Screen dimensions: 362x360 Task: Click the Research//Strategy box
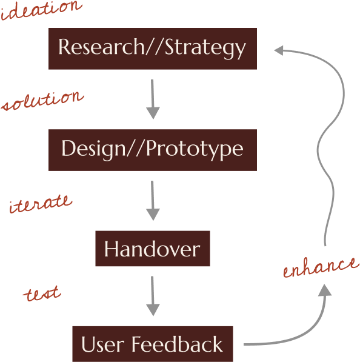tap(152, 49)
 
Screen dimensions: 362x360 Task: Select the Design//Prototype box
tap(152, 149)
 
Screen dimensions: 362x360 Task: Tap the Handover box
tap(152, 249)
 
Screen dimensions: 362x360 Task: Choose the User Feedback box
tap(152, 344)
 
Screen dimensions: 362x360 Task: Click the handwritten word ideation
tap(41, 8)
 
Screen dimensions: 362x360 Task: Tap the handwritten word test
tap(42, 295)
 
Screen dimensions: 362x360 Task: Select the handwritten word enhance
tap(320, 267)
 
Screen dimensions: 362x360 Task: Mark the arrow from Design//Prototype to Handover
tap(153, 200)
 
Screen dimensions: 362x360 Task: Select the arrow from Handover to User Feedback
tap(153, 296)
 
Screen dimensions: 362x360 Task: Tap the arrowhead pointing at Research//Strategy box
tap(279, 50)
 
